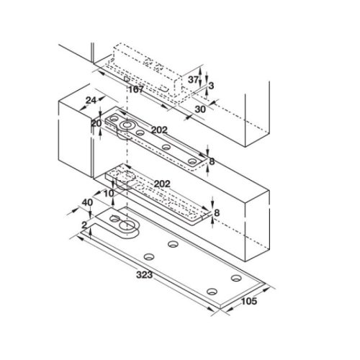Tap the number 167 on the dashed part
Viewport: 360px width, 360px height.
click(x=136, y=90)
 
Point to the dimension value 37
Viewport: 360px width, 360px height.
click(x=192, y=80)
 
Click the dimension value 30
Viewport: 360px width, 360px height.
click(x=199, y=108)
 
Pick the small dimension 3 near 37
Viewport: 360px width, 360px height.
click(x=210, y=86)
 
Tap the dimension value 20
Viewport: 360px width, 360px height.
click(x=96, y=123)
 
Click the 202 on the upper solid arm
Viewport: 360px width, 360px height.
click(x=159, y=130)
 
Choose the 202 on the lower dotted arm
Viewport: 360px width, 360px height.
click(x=162, y=184)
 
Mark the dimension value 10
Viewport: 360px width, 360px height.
click(x=109, y=194)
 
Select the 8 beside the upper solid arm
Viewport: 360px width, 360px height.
click(x=211, y=161)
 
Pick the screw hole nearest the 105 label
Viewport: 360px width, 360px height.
click(x=235, y=278)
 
